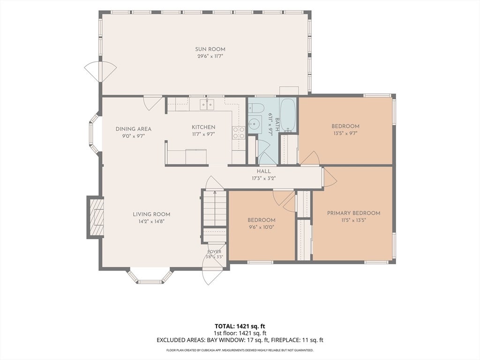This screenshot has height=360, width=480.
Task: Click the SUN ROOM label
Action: point(210,49)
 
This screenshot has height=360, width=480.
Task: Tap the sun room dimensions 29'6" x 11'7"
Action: point(210,56)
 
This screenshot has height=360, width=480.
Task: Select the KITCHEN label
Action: point(203,127)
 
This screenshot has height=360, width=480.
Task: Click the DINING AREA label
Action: point(134,129)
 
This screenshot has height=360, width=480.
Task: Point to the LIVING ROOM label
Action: point(151,214)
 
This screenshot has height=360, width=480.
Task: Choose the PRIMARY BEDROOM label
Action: point(353,213)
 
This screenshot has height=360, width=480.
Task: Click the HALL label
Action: point(263,172)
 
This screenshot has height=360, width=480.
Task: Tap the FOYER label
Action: point(214,252)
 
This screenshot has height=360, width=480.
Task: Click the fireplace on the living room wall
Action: point(95,217)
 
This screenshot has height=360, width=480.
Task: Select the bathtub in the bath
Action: point(288,115)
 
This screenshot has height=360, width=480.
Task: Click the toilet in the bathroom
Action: point(255,107)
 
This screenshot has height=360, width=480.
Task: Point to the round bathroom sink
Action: point(255,124)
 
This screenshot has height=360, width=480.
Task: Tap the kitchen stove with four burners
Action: point(239,133)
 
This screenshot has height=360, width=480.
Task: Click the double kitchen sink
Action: point(207,105)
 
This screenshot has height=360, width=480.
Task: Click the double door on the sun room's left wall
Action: point(100,71)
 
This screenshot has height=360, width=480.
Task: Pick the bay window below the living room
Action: point(150,277)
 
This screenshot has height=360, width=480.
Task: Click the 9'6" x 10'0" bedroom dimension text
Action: point(262,227)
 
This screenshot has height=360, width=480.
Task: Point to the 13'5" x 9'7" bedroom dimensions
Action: point(345,133)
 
